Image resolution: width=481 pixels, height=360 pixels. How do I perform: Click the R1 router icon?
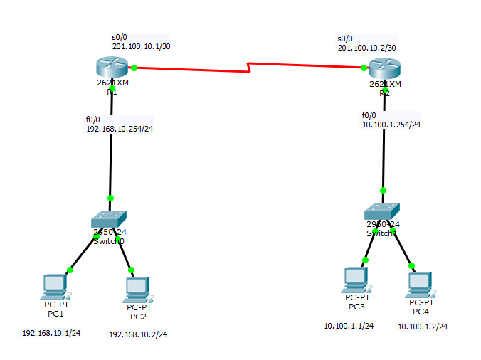point(112,69)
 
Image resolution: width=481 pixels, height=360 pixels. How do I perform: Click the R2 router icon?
point(384,69)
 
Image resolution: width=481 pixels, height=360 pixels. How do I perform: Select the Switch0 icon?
point(110,218)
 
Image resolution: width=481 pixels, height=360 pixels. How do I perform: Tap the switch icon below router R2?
point(383,211)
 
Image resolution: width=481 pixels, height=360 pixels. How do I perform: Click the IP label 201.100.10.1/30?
point(141,46)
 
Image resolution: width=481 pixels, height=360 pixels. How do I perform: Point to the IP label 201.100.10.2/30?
point(366,47)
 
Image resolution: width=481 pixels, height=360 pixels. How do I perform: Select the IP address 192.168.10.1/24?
point(51,332)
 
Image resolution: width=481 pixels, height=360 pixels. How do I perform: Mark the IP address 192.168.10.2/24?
point(138,334)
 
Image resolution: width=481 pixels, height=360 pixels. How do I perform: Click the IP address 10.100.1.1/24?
point(349,326)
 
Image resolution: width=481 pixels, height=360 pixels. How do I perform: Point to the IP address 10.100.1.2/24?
point(423,327)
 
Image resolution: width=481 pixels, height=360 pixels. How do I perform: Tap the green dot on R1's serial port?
point(134,68)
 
